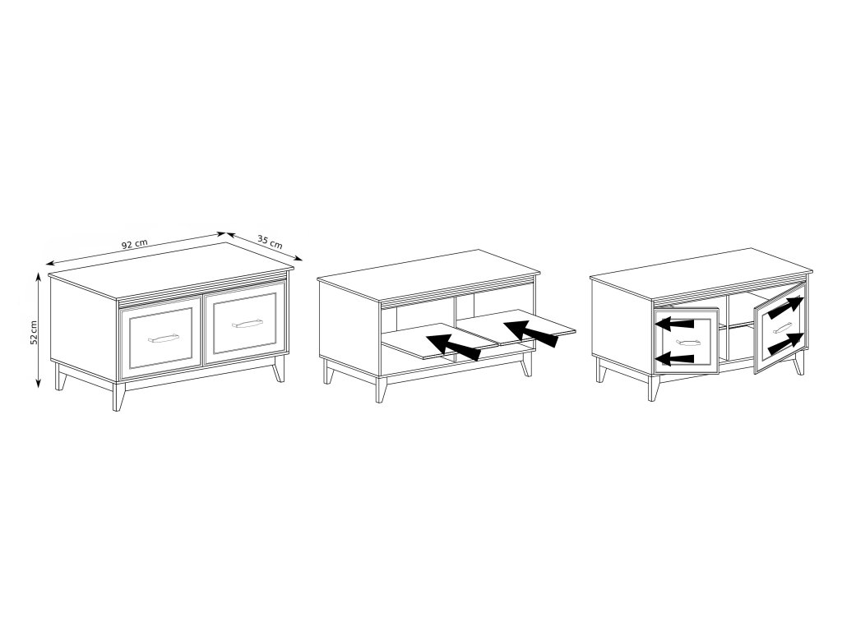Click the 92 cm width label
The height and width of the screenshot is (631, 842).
pos(134,243)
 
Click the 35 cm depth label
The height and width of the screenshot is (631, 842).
pos(270,241)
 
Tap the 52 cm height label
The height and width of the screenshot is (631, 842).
pos(34,333)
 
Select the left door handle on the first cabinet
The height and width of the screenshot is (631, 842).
pos(163,338)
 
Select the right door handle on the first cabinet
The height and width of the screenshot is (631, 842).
pos(247,323)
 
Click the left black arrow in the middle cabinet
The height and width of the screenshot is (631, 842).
pos(454,347)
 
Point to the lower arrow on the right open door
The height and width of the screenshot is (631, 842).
pos(786,344)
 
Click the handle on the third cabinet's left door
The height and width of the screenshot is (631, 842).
pos(688,342)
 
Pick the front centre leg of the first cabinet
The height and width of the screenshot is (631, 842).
pos(118,397)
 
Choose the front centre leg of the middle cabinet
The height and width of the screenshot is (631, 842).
pos(381,389)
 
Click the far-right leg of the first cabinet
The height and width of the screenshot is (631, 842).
pos(278,368)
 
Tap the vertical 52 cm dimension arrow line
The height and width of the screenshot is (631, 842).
pos(38,329)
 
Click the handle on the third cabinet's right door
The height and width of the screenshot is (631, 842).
pos(782,328)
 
